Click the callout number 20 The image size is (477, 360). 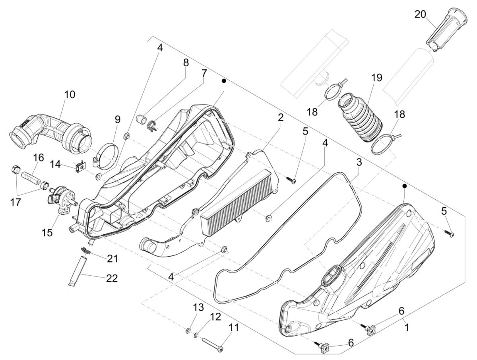point(420,15)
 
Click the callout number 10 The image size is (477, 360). point(69,95)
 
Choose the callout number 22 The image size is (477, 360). point(112,278)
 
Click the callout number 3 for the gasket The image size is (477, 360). point(359,162)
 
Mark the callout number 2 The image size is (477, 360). point(280,118)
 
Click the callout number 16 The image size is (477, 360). point(38,158)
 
